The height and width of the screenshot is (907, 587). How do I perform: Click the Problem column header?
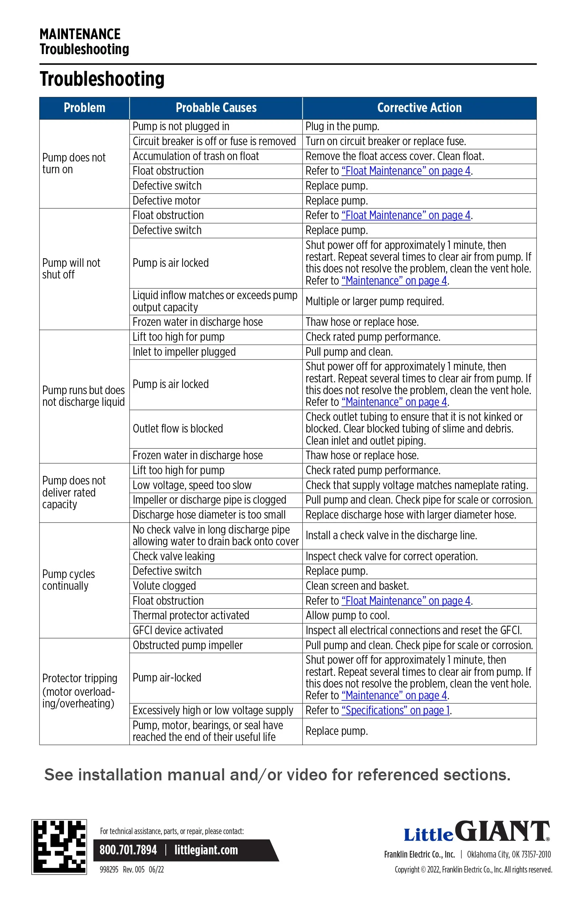point(84,108)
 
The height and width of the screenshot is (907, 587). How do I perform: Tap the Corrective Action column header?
point(419,108)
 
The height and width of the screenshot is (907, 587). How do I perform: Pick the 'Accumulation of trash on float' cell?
point(196,156)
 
